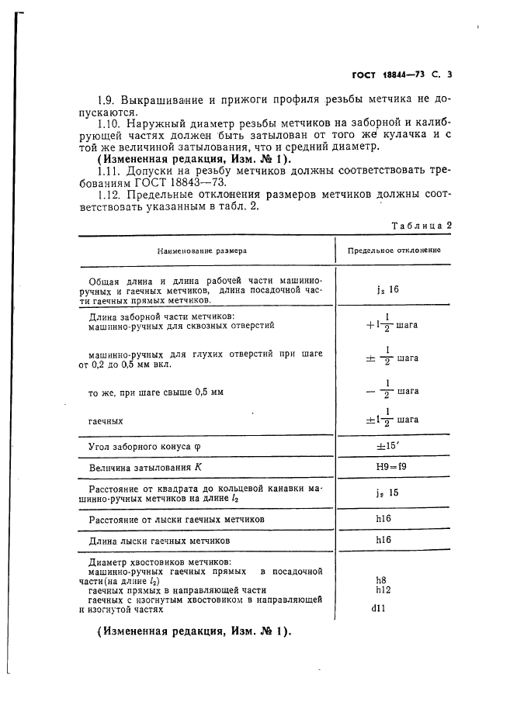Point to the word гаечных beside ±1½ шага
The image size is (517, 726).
(x=106, y=420)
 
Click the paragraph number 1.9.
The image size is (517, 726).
(x=107, y=101)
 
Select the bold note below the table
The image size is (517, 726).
(x=193, y=632)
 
